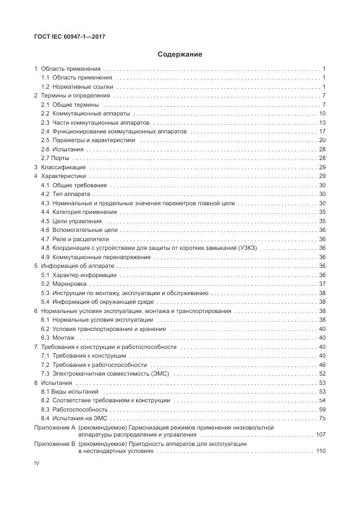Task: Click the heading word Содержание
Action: tap(180, 54)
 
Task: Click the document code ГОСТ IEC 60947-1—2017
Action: tap(69, 36)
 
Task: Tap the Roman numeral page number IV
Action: tap(37, 462)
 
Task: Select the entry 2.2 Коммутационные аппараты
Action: tap(86, 114)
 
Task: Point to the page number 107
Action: tap(320, 435)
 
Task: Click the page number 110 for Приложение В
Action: tap(320, 451)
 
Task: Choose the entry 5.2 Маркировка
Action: tap(63, 284)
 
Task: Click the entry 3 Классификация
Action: tap(59, 167)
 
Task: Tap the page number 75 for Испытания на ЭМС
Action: tap(322, 418)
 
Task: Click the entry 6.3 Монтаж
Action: tap(58, 338)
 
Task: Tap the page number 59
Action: tap(322, 409)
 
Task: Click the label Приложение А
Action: tap(54, 428)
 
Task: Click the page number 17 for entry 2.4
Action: tap(322, 132)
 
